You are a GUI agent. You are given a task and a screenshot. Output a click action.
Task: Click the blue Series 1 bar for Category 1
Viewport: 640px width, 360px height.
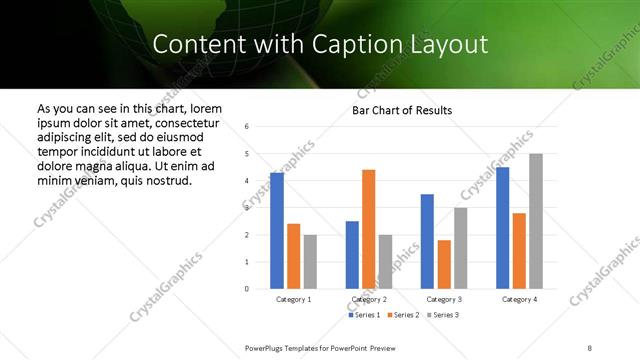pyautogui.click(x=276, y=231)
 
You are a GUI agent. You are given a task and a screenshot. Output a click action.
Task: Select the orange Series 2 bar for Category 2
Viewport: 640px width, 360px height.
pyautogui.click(x=368, y=229)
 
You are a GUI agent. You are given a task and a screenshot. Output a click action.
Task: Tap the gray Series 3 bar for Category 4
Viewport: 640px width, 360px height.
pyautogui.click(x=535, y=221)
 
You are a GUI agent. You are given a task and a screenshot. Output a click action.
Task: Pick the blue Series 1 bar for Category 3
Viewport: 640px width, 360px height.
pyautogui.click(x=427, y=241)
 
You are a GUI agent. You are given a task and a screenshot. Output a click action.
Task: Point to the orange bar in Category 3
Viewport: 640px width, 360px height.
pyautogui.click(x=443, y=264)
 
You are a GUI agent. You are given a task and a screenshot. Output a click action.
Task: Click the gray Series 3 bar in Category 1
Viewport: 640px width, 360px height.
pyautogui.click(x=310, y=262)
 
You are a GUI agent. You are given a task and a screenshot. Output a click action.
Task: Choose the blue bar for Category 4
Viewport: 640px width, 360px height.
pyautogui.click(x=502, y=228)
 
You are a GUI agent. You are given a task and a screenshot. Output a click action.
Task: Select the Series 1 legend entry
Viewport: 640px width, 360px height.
pyautogui.click(x=363, y=315)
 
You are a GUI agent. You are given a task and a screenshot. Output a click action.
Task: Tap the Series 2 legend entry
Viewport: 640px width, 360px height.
pyautogui.click(x=402, y=315)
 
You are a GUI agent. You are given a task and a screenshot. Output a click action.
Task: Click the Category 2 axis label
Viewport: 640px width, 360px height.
pyautogui.click(x=368, y=299)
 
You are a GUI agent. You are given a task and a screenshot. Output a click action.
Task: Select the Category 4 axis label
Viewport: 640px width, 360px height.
pyautogui.click(x=518, y=299)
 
